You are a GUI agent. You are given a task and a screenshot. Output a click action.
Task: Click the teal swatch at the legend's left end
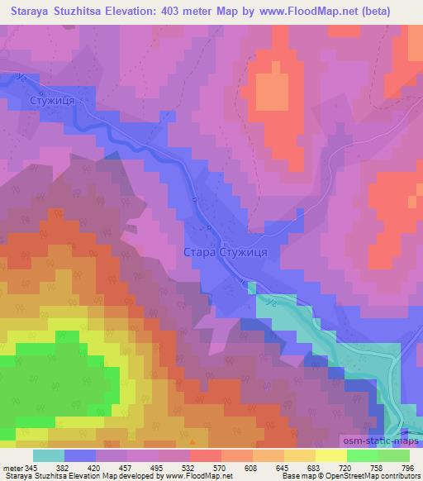tap(49, 456)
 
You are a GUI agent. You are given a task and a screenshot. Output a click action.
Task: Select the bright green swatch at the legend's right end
tap(393, 456)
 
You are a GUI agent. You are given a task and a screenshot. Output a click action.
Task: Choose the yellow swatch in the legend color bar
tap(330, 456)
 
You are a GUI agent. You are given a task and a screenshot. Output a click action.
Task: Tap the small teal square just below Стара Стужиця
tap(252, 288)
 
